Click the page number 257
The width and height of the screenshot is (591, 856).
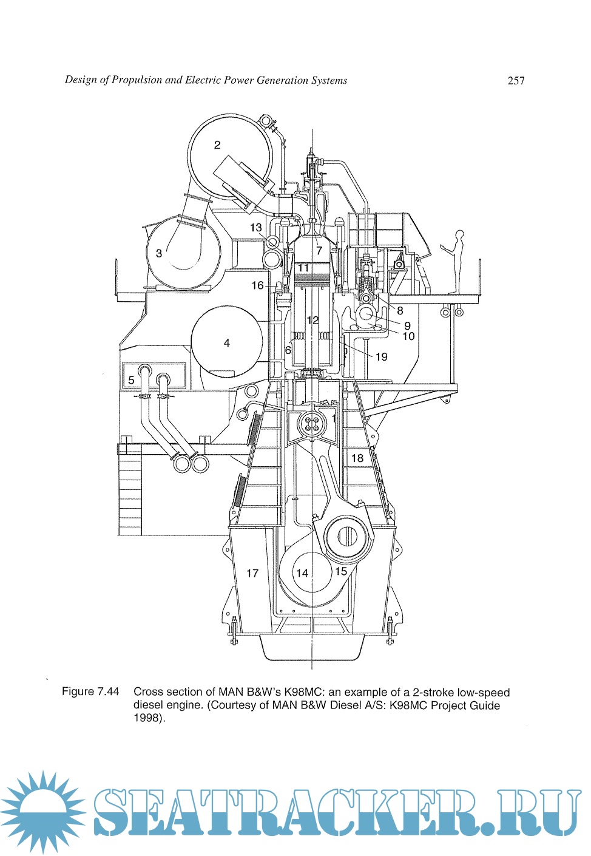(x=516, y=81)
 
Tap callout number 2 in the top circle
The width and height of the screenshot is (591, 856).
(x=217, y=145)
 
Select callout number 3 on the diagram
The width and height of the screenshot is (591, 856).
(x=159, y=253)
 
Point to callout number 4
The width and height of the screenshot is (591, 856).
(x=227, y=343)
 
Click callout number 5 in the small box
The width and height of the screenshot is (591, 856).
(x=131, y=381)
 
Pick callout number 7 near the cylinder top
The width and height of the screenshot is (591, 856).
(x=319, y=250)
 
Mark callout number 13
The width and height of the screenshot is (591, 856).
(x=256, y=228)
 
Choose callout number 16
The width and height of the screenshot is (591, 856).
(x=258, y=285)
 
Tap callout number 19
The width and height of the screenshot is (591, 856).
(x=381, y=356)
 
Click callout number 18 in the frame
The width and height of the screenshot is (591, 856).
(x=357, y=458)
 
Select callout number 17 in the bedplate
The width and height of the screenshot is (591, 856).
(x=252, y=573)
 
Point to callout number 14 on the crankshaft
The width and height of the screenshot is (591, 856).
(x=302, y=572)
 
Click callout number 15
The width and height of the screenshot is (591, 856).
(x=341, y=571)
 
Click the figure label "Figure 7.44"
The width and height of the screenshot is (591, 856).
(x=90, y=691)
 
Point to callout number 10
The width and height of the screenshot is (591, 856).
(x=408, y=336)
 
